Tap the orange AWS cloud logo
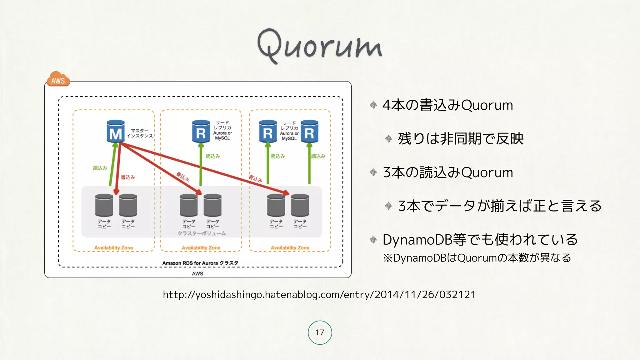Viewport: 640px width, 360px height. point(58,79)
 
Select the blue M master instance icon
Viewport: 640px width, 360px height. point(116,132)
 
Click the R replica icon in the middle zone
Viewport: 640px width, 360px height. point(201,132)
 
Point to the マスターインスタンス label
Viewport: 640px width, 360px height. point(140,133)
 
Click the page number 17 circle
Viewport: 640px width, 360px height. point(320,332)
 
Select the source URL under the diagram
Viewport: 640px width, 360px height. point(319,295)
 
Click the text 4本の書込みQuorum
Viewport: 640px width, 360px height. point(447,105)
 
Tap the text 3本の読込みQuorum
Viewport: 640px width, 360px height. point(448,172)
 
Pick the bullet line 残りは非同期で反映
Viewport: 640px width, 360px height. point(461,139)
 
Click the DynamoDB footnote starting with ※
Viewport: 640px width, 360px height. point(477,258)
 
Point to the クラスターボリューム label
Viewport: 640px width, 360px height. point(202,233)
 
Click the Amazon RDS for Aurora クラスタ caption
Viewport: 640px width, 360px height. point(200,263)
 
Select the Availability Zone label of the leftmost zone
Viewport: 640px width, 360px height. point(113,248)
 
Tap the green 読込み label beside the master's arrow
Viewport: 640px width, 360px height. point(100,168)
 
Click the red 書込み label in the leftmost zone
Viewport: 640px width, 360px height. point(128,177)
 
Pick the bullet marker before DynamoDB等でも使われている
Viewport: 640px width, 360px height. point(373,240)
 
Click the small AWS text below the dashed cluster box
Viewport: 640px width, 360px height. point(197,274)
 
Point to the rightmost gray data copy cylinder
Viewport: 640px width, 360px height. point(300,205)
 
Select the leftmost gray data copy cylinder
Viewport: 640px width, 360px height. point(104,205)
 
